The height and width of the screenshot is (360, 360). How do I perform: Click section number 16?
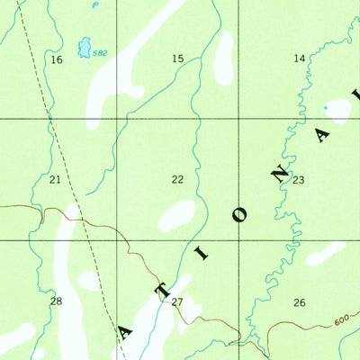point(57,59)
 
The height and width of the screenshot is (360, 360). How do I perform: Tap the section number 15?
point(177,58)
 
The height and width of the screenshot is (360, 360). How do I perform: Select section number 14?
point(299,58)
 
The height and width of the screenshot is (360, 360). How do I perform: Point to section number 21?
point(55,180)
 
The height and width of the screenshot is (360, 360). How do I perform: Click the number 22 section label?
point(177,180)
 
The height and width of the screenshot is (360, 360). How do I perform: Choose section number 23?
point(298,180)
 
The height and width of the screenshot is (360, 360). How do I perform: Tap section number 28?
point(56,301)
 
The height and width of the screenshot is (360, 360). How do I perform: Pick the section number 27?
point(177,302)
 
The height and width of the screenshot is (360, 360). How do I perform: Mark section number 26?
point(299,302)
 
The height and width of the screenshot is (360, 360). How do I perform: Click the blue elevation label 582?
point(99,53)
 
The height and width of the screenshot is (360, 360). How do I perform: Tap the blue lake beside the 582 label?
point(85,46)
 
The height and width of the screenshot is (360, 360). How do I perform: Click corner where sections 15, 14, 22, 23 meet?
point(238,119)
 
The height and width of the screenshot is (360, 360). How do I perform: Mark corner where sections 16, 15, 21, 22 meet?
point(118,119)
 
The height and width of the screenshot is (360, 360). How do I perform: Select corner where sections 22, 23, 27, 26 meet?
point(238,240)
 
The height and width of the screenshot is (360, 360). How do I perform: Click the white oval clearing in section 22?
point(177,214)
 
